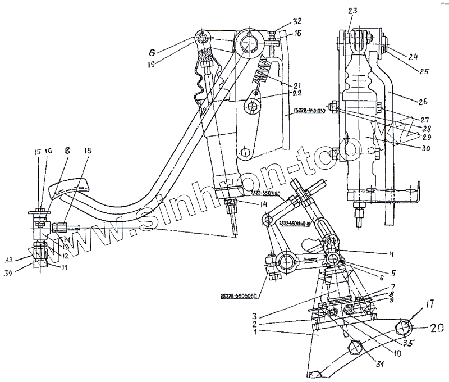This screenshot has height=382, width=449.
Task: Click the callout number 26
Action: coord(423,102)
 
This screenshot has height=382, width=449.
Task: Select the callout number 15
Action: coord(38,153)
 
